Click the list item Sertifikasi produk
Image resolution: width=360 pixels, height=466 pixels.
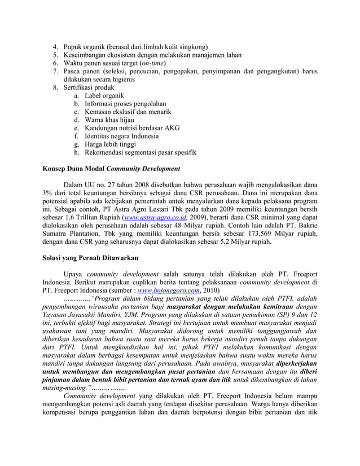(89, 88)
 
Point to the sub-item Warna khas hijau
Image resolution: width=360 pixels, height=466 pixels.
(112, 120)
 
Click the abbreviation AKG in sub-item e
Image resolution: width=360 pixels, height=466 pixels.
(170, 128)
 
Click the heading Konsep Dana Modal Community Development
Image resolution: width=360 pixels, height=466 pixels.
(112, 169)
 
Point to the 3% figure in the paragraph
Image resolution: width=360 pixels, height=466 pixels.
(49, 193)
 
